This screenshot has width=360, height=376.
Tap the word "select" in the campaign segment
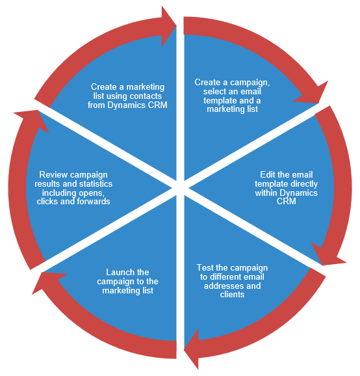pos(213,91)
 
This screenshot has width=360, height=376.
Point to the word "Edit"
pos(268,174)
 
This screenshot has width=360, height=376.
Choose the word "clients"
pos(232,294)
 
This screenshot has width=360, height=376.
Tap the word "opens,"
pos(92,193)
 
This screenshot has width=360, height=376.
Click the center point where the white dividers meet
pos(180,188)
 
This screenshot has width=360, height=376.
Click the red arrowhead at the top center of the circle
pos(169,26)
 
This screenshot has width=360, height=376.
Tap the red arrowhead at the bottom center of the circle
pos(192,349)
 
